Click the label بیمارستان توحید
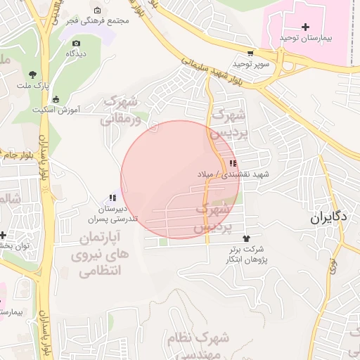tap(304, 37)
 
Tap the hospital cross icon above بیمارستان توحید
tap(304, 26)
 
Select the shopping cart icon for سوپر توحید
tap(250, 53)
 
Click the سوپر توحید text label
tap(247, 64)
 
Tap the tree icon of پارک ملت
tap(32, 74)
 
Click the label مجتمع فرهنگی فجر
tap(99, 21)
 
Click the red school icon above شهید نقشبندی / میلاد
tap(233, 163)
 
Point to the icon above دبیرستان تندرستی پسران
tap(112, 198)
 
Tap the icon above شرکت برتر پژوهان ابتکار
tap(245, 238)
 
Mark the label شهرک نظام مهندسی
tap(199, 345)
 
